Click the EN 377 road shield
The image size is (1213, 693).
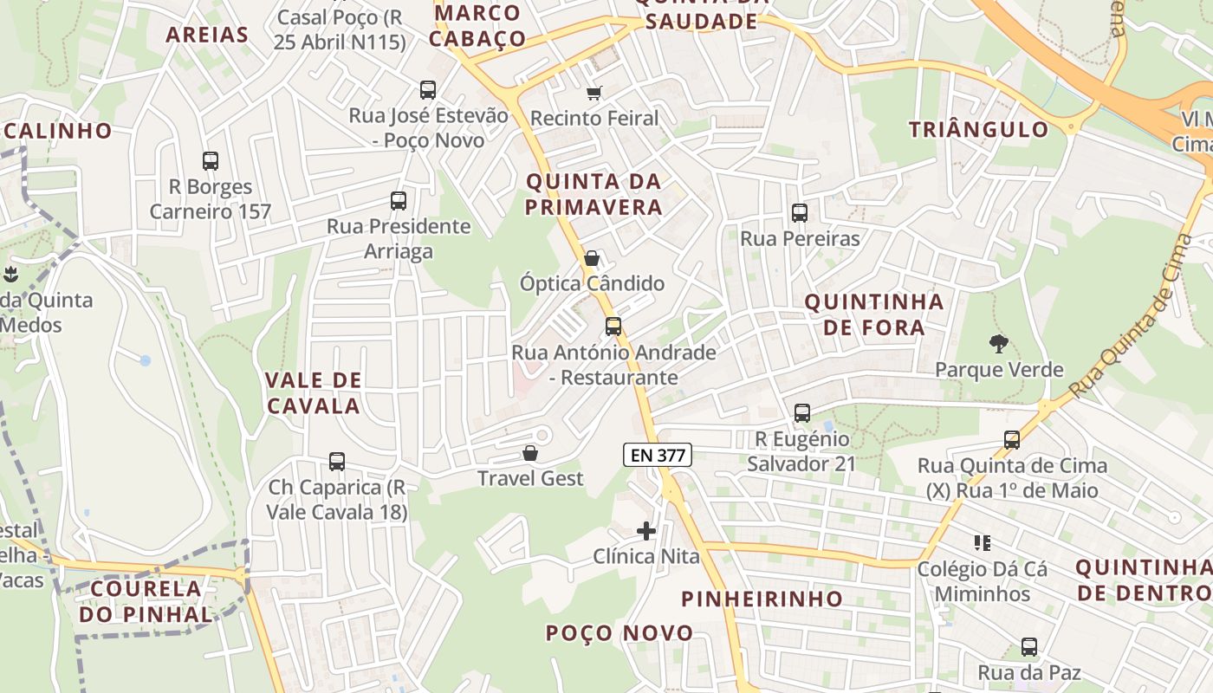(657, 454)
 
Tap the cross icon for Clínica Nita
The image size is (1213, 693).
(646, 531)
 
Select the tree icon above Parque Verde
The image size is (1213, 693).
(999, 344)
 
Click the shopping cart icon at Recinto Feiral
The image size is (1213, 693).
(594, 93)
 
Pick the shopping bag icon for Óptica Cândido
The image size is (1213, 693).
(592, 258)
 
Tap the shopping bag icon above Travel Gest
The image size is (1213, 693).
(530, 453)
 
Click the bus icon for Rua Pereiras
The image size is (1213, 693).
(799, 212)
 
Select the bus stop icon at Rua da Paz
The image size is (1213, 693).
(1029, 647)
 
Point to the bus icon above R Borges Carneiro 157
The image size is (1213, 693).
(211, 160)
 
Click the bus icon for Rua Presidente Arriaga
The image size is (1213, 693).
(399, 201)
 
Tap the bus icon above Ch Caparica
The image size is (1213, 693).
(337, 462)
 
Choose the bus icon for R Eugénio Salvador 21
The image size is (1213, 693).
(802, 413)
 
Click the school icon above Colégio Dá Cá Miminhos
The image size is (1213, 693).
(983, 543)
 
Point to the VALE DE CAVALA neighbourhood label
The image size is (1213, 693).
(313, 392)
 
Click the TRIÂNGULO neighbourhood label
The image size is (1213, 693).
(978, 130)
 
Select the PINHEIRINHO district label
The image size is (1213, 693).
(762, 599)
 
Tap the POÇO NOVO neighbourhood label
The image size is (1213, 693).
(619, 633)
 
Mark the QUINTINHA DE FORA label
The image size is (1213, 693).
(873, 314)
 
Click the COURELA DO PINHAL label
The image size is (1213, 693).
(145, 601)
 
